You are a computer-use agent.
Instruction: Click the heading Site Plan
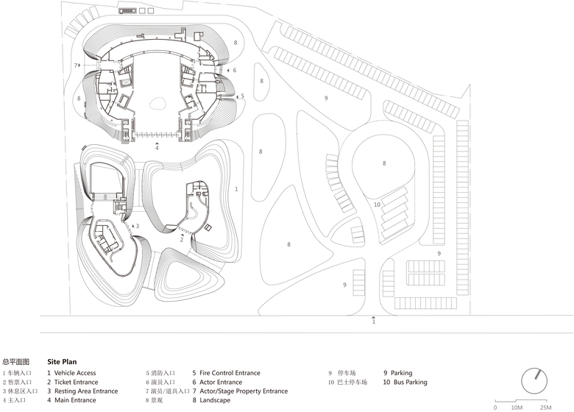(62, 362)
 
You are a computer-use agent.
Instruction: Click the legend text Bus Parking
(409, 383)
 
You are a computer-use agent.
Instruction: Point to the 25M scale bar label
(545, 407)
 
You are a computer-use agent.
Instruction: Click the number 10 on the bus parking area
(376, 205)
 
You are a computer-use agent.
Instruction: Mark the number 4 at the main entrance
(156, 149)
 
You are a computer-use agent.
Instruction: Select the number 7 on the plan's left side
(75, 66)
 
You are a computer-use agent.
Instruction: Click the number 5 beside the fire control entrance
(242, 96)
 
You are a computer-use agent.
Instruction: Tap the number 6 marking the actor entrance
(234, 70)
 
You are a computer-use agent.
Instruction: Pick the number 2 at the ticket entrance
(181, 239)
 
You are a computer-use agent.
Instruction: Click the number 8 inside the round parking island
(383, 163)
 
